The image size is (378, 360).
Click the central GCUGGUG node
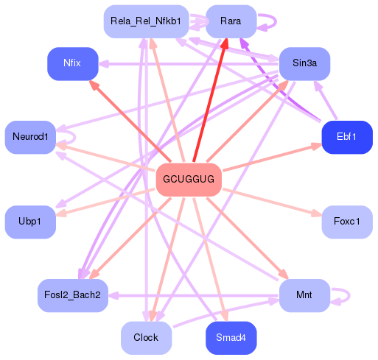coord(189,180)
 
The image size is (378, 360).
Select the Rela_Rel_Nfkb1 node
coord(145,21)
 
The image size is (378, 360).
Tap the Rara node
coord(230,21)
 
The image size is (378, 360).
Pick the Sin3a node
coord(304,63)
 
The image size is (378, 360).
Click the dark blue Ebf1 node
coord(346,137)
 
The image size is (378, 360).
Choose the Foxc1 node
coord(346,222)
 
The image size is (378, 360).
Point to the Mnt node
coord(304,295)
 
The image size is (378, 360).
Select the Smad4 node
coord(231,338)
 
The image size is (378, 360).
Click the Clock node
coord(146,338)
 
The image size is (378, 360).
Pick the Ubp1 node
coord(30,222)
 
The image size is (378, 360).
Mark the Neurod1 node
coord(30,137)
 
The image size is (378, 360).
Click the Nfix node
coord(72,63)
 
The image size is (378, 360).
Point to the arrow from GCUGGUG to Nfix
coord(131,121)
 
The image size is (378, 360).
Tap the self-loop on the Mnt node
coord(341,295)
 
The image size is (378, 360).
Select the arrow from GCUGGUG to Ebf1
coord(273,158)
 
